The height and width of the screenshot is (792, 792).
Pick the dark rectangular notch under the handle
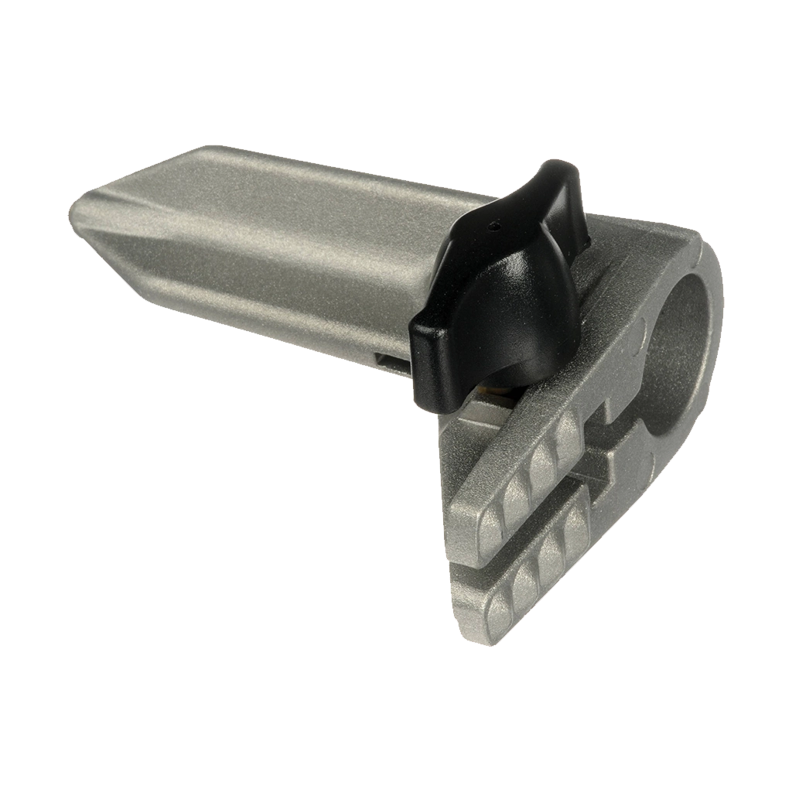391,360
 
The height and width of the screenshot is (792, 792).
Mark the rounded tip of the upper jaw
464,534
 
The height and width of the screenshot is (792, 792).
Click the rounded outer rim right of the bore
713,325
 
